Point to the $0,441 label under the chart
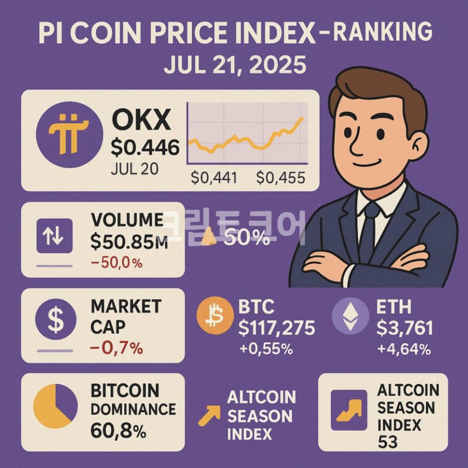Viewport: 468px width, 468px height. click(214, 178)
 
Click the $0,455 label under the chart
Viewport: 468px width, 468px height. click(281, 178)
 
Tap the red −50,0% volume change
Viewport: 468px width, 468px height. click(117, 263)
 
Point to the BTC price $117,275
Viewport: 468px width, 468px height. click(277, 328)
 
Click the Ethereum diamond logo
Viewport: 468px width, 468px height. click(350, 317)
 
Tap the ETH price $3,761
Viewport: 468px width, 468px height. click(405, 328)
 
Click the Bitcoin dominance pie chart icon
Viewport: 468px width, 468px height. click(55, 406)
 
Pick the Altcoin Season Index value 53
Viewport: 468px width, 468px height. click(387, 442)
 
